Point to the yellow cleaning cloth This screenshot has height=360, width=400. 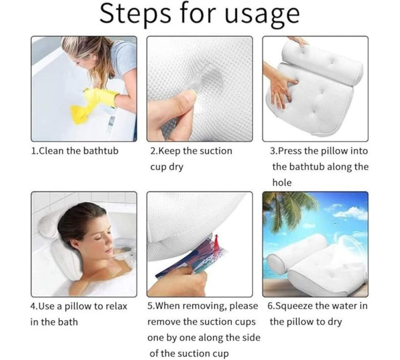point(81,114)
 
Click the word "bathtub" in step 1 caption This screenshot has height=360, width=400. point(101,151)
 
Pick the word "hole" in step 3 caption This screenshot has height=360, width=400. point(282,182)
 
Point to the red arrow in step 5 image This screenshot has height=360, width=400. point(217,242)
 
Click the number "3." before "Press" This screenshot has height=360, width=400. point(274,151)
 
